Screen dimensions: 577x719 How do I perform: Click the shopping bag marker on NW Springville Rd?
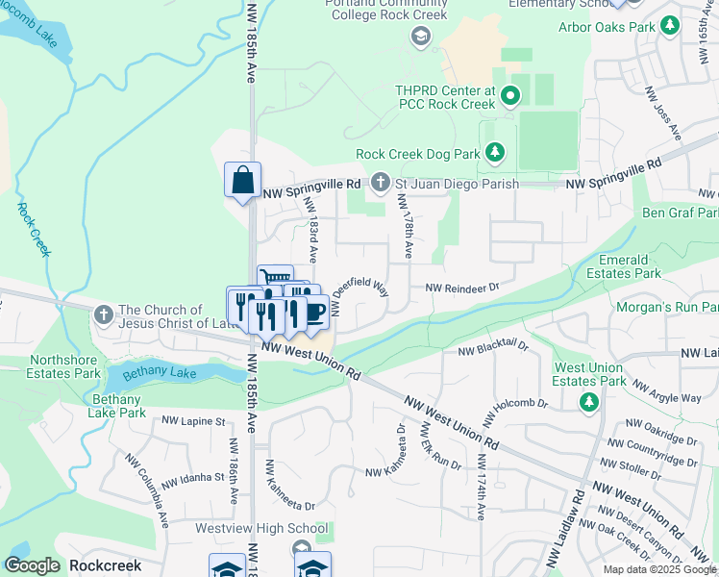pyautogui.click(x=242, y=180)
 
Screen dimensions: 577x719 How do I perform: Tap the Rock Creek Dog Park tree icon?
pyautogui.click(x=495, y=153)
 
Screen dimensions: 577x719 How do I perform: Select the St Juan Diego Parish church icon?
pyautogui.click(x=381, y=183)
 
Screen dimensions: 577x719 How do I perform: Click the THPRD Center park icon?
pyautogui.click(x=510, y=96)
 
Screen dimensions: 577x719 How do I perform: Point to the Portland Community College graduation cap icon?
pyautogui.click(x=420, y=37)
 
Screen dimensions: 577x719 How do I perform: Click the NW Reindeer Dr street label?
pyautogui.click(x=462, y=288)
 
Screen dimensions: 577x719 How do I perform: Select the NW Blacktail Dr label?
pyautogui.click(x=493, y=351)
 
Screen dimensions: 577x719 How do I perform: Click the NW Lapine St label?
pyautogui.click(x=192, y=421)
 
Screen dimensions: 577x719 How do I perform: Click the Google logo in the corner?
pyautogui.click(x=32, y=565)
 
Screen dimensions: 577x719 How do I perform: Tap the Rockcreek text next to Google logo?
pyautogui.click(x=106, y=566)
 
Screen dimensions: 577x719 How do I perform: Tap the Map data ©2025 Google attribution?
pyautogui.click(x=658, y=569)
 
